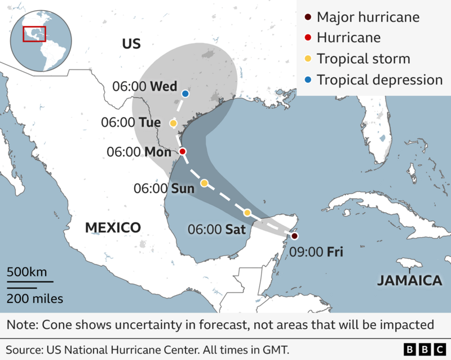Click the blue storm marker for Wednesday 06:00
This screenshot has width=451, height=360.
[185, 93]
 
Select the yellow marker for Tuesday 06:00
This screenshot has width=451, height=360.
[173, 123]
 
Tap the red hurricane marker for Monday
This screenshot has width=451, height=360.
[183, 152]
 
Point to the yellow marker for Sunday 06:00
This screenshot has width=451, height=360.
[205, 183]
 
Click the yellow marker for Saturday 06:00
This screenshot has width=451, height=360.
[247, 213]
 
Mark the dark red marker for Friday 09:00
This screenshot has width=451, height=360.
[294, 236]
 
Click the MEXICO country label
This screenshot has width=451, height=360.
[113, 228]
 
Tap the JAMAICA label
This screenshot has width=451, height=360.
[409, 280]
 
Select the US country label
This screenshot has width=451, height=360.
[131, 44]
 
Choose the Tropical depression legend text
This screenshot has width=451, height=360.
[379, 80]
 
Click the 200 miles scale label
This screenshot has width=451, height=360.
[35, 298]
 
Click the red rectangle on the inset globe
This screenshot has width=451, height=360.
[34, 33]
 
